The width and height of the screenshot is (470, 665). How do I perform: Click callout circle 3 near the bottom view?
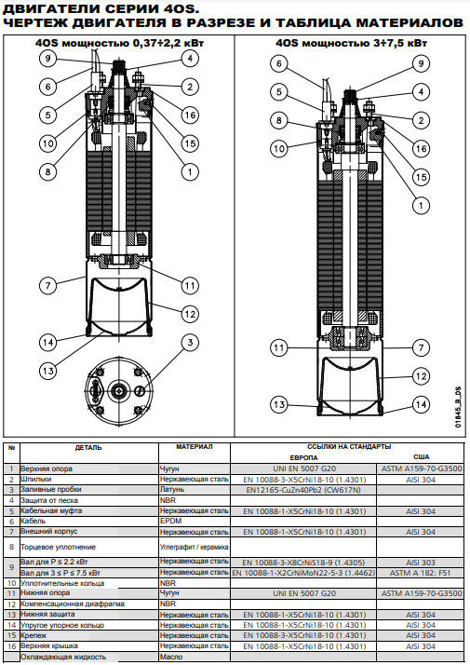pos(190,343)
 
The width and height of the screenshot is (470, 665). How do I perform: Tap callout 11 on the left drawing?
pos(190,286)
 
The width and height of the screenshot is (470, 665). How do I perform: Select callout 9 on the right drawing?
pos(421,63)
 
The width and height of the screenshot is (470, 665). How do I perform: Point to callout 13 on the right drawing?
pos(279,404)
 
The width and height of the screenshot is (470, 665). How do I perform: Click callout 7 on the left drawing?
pos(47,285)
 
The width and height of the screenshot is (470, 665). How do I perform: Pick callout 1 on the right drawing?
pos(421,206)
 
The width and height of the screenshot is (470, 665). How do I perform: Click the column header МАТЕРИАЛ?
pos(195,446)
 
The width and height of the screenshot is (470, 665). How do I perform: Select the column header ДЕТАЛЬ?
pos(88,447)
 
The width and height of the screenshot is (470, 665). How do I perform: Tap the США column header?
pos(422,456)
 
